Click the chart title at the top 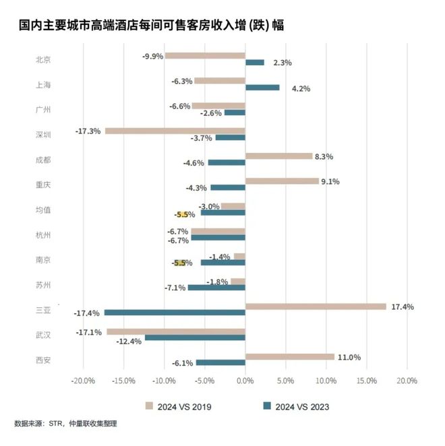coord(151,26)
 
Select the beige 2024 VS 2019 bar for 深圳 coord(175,131)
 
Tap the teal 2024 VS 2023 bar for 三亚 coord(175,313)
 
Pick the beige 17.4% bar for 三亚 coord(316,307)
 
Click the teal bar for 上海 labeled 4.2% coord(262,88)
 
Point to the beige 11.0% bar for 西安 coord(290,356)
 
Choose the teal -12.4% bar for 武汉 coord(195,338)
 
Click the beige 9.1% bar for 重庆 coord(282,181)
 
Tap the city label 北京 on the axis coord(43,59)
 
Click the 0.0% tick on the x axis coord(245,381)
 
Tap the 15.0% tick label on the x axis coord(366,381)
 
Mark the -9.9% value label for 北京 coord(152,57)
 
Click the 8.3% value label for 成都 coord(324,156)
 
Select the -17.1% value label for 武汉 coord(90,332)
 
